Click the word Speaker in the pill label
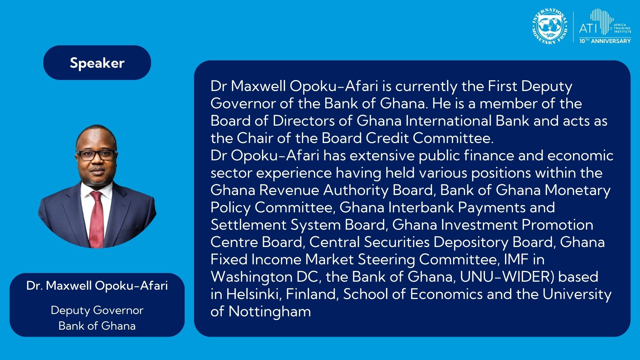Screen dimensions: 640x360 [x=97, y=63]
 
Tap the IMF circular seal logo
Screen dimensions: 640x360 [x=550, y=26]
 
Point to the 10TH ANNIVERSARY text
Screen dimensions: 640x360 [x=605, y=41]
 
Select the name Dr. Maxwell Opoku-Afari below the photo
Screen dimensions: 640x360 [x=97, y=286]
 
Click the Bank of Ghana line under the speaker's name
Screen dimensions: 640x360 [x=97, y=326]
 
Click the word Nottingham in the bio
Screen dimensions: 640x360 [x=270, y=312]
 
